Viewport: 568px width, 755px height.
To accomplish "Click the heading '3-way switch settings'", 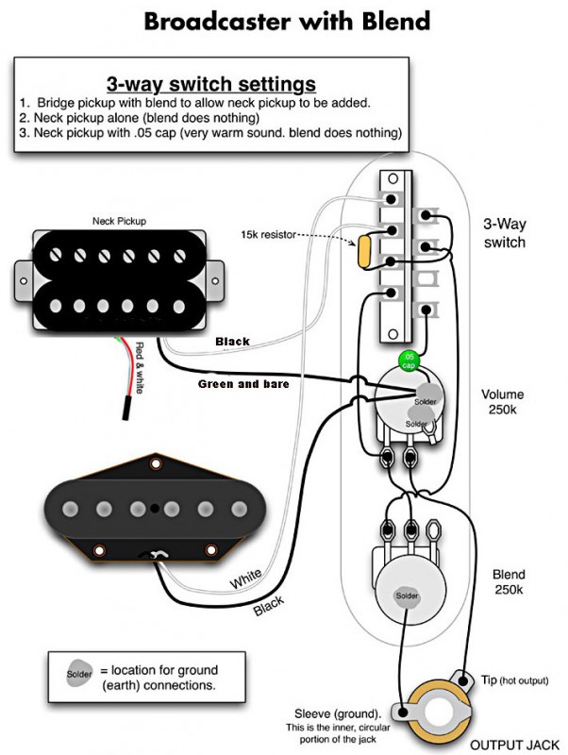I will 210,83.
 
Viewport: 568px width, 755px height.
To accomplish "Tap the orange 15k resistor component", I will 364,249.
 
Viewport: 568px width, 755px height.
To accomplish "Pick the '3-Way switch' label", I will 504,233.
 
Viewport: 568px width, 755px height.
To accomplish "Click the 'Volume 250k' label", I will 504,403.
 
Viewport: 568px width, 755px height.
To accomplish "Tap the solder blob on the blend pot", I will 408,596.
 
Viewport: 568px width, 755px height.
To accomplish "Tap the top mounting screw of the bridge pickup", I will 154,462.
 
